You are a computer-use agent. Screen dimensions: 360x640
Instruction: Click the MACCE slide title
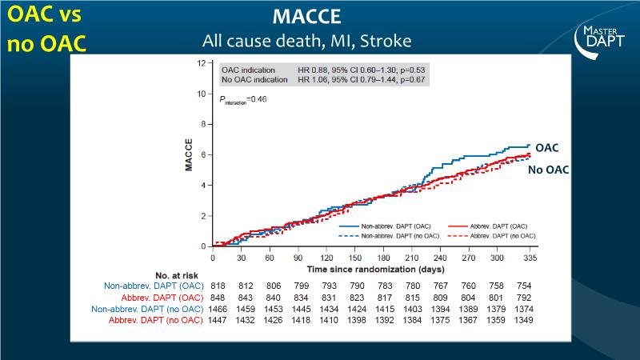click(x=319, y=17)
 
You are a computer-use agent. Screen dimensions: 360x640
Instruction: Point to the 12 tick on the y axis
click(x=200, y=62)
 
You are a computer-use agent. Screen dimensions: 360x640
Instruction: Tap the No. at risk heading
click(x=170, y=274)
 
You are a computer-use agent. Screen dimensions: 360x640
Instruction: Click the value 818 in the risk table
click(x=218, y=286)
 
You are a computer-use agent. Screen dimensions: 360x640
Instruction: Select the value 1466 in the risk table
click(x=218, y=309)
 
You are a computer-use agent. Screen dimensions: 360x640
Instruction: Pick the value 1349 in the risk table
click(x=525, y=320)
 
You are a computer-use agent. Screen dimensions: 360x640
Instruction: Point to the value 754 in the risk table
click(x=525, y=286)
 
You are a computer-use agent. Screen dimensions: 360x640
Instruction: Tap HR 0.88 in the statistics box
click(x=316, y=70)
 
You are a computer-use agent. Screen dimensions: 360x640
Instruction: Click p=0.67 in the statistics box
click(x=411, y=79)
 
